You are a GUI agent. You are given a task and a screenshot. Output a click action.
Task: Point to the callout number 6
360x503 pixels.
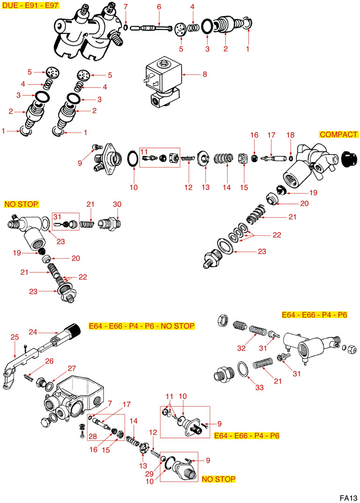(x=159, y=7)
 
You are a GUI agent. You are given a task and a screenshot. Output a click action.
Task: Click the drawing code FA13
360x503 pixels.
(x=349, y=497)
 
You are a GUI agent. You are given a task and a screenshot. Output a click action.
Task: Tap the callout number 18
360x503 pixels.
(x=290, y=135)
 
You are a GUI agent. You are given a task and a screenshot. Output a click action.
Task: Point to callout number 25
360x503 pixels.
(x=15, y=337)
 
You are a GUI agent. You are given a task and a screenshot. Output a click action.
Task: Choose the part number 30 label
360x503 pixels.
(x=117, y=204)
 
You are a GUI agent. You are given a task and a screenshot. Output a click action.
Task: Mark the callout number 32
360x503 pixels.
(x=242, y=348)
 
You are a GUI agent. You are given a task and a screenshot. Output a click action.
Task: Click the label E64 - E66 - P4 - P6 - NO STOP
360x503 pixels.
(x=141, y=326)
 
